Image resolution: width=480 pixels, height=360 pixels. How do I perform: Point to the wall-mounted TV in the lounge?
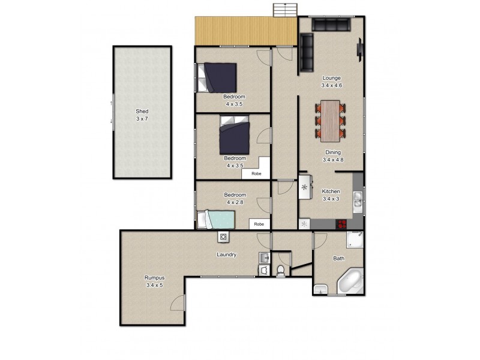(x=360, y=48)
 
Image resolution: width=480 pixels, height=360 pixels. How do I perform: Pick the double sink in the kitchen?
(x=358, y=199)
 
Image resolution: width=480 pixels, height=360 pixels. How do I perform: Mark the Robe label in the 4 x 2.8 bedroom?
(x=259, y=224)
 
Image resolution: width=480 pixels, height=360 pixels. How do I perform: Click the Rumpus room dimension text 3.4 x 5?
(x=154, y=285)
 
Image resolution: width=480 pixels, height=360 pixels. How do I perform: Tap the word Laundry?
(x=226, y=254)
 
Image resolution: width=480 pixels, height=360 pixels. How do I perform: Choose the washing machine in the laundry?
(x=223, y=237)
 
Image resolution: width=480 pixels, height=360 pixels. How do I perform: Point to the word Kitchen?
(x=331, y=191)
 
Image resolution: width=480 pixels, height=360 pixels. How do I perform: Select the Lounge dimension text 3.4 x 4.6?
(x=332, y=85)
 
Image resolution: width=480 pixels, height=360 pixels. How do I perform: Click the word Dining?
(x=333, y=152)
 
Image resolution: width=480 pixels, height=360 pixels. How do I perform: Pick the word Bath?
(x=339, y=259)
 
